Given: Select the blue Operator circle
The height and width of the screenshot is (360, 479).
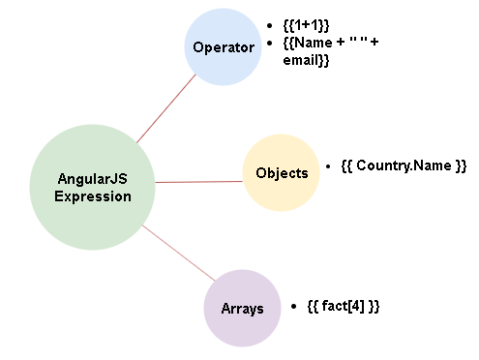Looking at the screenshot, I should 224,46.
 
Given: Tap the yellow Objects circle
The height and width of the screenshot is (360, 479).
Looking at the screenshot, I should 281,173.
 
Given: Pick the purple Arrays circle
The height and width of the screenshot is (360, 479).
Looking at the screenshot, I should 242,308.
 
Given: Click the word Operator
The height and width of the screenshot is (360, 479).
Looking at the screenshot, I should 224,46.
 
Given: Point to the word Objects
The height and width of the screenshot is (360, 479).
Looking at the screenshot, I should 282,173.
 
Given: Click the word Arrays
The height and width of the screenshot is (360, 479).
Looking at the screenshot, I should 242,308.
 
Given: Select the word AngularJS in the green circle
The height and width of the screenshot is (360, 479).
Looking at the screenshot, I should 93,179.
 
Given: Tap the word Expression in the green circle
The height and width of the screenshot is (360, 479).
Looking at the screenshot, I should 93,196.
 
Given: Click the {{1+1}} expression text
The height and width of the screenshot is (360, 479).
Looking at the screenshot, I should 306,24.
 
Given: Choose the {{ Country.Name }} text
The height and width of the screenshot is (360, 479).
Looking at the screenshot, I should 404,165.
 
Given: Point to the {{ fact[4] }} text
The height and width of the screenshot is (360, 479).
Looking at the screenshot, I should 343,306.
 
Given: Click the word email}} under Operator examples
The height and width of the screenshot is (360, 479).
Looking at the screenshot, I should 307,60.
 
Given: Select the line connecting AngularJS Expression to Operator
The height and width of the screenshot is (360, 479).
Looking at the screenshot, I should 166,109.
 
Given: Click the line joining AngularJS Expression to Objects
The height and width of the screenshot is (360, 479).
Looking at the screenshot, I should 198,181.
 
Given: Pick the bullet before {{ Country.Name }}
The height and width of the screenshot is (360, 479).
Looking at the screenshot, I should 329,166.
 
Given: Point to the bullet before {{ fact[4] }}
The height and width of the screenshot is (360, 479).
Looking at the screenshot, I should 293,306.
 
